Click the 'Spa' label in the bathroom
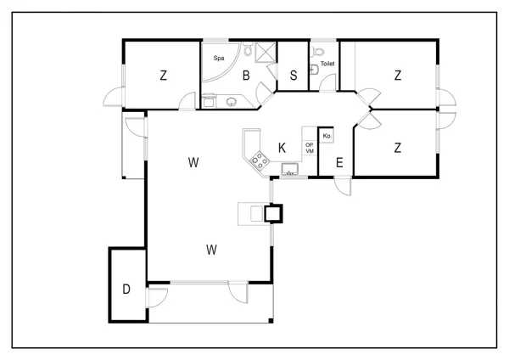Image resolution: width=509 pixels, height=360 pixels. [219, 58]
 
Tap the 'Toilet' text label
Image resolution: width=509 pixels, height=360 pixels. [327, 64]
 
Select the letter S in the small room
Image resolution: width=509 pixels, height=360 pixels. [294, 76]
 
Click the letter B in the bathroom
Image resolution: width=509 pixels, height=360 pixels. [246, 76]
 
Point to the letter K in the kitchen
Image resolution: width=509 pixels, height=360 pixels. [282, 148]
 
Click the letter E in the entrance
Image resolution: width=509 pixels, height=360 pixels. [339, 162]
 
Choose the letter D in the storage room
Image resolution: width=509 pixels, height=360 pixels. [126, 289]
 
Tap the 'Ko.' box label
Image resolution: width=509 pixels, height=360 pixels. [327, 136]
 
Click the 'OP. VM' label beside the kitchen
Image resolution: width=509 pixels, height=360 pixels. [310, 148]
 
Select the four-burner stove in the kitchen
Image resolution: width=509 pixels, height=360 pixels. [260, 160]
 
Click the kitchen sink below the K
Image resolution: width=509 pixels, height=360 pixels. [290, 169]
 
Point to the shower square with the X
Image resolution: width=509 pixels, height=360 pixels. [266, 52]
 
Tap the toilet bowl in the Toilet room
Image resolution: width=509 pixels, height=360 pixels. [318, 51]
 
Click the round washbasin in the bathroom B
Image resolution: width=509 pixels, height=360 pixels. [232, 102]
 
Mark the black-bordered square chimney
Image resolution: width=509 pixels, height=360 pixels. [273, 213]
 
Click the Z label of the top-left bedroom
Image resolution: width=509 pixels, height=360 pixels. [163, 76]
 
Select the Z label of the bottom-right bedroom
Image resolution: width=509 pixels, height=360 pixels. [398, 148]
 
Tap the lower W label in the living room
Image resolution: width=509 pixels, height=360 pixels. [211, 250]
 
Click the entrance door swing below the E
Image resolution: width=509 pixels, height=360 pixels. [343, 186]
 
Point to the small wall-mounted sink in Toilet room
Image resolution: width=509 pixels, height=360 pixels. [313, 70]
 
